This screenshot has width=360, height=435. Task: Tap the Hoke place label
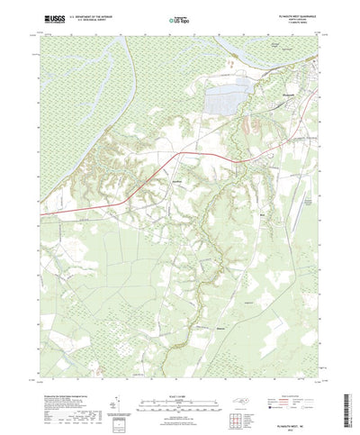262,216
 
